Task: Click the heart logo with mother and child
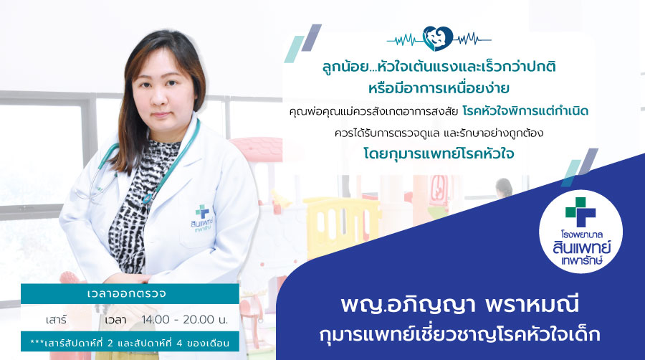pos(438,39)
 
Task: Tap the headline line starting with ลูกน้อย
pos(439,67)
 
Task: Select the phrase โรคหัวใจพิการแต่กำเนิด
pos(525,110)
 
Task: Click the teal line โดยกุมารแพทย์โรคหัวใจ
pos(439,153)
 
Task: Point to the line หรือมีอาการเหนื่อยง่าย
pos(439,88)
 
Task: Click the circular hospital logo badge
pos(580,231)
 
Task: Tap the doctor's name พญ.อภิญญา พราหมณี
pos(460,305)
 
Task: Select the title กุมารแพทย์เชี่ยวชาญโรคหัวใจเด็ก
pos(459,334)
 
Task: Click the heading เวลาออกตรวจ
pos(127,294)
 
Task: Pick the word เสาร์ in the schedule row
pos(57,320)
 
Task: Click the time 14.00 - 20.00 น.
pos(185,319)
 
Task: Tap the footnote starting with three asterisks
pos(130,342)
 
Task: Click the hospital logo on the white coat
pos(201,218)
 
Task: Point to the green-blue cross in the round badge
pos(580,212)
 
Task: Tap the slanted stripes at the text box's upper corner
pos(302,43)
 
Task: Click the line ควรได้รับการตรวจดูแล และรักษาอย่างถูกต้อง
pos(439,133)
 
